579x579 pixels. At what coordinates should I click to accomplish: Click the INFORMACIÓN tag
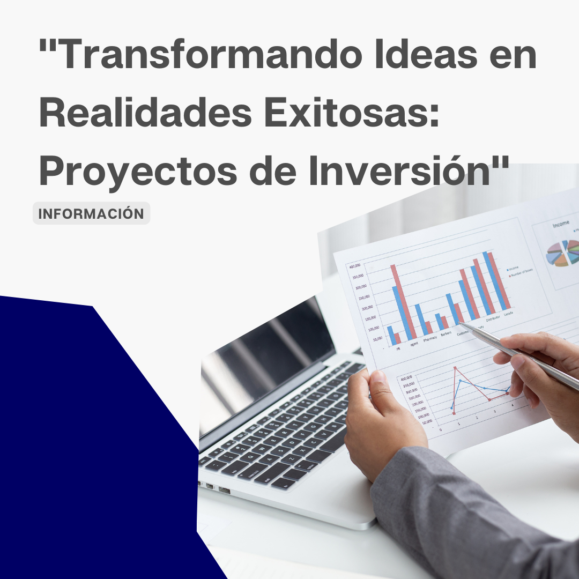[x=91, y=213]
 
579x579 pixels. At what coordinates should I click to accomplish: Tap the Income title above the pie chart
[x=561, y=226]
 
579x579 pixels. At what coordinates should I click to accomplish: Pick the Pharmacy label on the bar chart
[x=430, y=339]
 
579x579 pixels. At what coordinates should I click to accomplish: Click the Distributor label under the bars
[x=493, y=317]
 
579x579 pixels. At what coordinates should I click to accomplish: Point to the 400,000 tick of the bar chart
[x=354, y=266]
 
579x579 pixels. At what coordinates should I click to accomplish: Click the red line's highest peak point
[x=456, y=368]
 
